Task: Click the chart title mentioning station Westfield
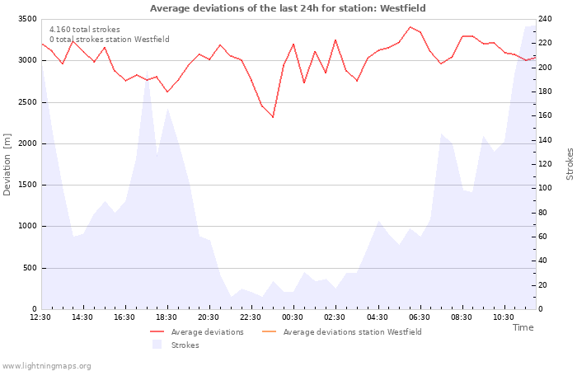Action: coord(288,8)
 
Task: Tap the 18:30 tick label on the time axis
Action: coord(167,317)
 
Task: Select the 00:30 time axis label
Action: coord(293,317)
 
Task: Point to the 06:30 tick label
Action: coord(419,317)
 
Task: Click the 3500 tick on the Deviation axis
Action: coord(27,19)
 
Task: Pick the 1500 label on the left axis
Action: coord(27,185)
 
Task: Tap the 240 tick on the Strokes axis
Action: coord(545,19)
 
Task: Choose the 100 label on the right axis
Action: coord(545,188)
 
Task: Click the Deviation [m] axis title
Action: coord(7,165)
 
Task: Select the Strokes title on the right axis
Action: coord(570,164)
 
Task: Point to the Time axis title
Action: coord(523,327)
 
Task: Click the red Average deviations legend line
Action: coord(157,332)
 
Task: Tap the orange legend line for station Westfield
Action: coord(269,332)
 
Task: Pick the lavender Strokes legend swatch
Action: coord(157,345)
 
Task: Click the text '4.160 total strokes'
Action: coord(85,30)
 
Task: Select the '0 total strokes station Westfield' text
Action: coord(110,40)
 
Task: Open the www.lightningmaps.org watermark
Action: coord(46,366)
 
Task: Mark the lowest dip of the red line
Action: coord(273,117)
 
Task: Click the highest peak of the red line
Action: coord(410,27)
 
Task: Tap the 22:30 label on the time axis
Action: coord(251,317)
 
